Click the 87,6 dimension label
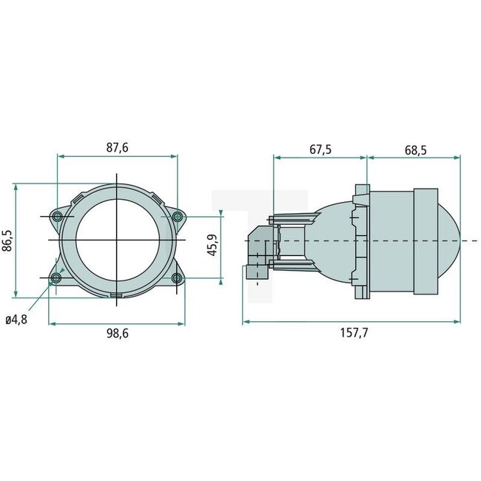[117, 148]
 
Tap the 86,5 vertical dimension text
[8, 240]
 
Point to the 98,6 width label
[117, 334]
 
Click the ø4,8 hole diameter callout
[16, 320]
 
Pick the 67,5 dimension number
[320, 149]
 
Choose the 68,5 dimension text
[415, 149]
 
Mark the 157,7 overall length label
[353, 333]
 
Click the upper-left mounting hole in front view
[57, 216]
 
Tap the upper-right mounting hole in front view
[177, 216]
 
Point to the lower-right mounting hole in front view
[177, 278]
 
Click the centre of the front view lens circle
[117, 240]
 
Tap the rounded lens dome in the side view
[451, 240]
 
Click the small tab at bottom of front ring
[117, 296]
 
